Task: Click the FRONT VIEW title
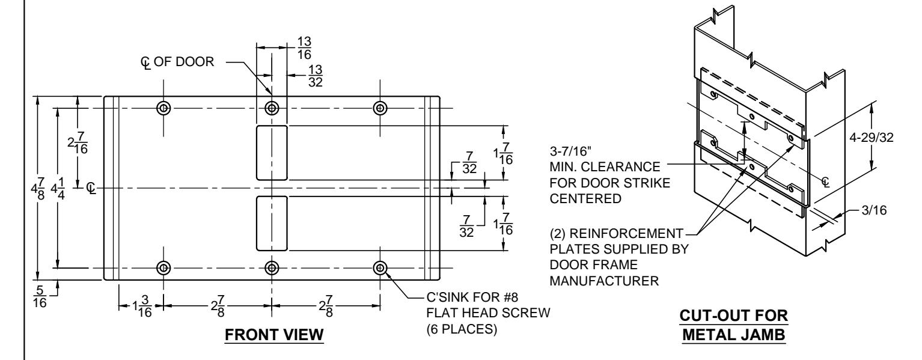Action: pyautogui.click(x=274, y=335)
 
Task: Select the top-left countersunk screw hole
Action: pyautogui.click(x=164, y=108)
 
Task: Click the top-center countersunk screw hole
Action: pyautogui.click(x=272, y=108)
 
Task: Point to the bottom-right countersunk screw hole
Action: pyautogui.click(x=380, y=268)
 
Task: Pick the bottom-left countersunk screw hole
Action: pyautogui.click(x=164, y=268)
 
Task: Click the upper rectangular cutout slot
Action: pyautogui.click(x=272, y=153)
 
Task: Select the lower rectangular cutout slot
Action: pyautogui.click(x=272, y=224)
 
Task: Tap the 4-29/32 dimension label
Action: pyautogui.click(x=872, y=138)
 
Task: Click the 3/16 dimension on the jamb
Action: pyautogui.click(x=874, y=210)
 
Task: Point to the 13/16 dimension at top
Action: pyautogui.click(x=304, y=47)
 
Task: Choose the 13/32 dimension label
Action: pyautogui.click(x=316, y=76)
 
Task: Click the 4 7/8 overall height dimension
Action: pyautogui.click(x=37, y=189)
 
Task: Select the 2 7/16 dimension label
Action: pyautogui.click(x=78, y=143)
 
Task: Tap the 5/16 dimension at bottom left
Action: pyautogui.click(x=40, y=297)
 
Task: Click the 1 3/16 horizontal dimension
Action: pyautogui.click(x=142, y=306)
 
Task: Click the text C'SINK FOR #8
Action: pyautogui.click(x=472, y=297)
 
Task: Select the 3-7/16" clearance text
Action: pyautogui.click(x=570, y=151)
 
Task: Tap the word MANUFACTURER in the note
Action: pyautogui.click(x=604, y=281)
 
